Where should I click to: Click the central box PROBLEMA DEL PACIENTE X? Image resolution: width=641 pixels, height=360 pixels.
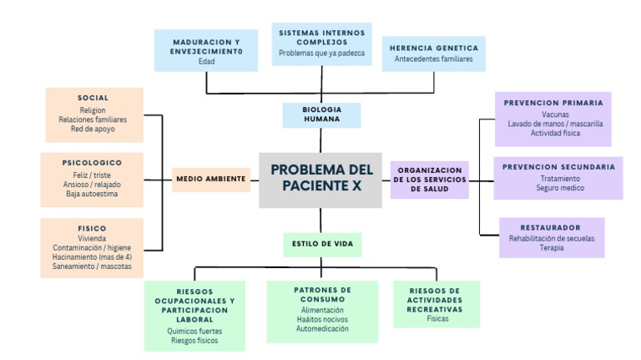click(x=320, y=180)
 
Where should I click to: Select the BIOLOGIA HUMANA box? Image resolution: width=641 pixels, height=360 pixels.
click(x=320, y=114)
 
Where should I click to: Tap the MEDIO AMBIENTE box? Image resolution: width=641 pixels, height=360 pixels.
click(x=211, y=179)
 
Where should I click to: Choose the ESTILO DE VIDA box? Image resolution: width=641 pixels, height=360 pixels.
click(x=321, y=245)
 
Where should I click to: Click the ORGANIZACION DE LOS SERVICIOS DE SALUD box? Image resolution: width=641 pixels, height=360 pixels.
click(x=430, y=180)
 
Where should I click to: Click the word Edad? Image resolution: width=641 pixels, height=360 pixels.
click(x=206, y=62)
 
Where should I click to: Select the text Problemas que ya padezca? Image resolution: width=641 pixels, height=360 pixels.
click(x=321, y=53)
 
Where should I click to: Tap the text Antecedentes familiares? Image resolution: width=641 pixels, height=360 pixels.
click(x=433, y=59)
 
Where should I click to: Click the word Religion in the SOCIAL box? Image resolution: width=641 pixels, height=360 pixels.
click(x=93, y=110)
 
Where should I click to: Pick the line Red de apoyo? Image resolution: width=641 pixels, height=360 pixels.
click(x=93, y=129)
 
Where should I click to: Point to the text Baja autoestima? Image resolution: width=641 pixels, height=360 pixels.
click(x=92, y=194)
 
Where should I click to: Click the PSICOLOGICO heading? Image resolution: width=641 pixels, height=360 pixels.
click(x=92, y=162)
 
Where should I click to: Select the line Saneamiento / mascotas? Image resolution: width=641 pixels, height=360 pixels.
click(x=92, y=266)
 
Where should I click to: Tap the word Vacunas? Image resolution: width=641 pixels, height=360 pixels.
click(x=555, y=114)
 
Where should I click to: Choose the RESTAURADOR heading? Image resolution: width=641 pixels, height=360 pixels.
click(x=550, y=227)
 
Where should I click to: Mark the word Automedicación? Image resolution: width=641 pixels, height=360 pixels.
click(x=322, y=328)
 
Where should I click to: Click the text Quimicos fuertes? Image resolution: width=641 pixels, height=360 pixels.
click(x=194, y=331)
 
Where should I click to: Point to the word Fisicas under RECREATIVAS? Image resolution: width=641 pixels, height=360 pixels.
click(x=437, y=319)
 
